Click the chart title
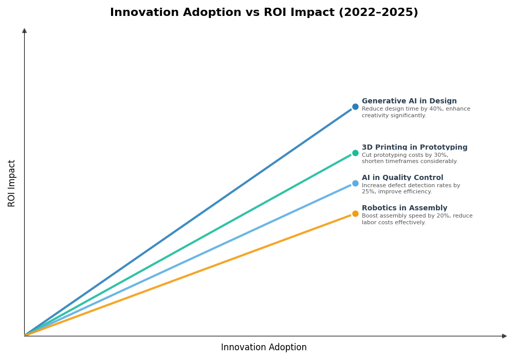[x=264, y=12]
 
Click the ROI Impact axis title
[x=12, y=183]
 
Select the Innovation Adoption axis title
[x=264, y=348]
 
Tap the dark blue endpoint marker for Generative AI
[x=355, y=107]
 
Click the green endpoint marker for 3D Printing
[x=355, y=153]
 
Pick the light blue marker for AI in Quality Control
[x=355, y=183]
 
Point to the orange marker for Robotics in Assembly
[x=355, y=213]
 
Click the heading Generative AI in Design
[x=409, y=101]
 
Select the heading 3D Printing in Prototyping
[x=414, y=148]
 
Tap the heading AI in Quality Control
[x=402, y=178]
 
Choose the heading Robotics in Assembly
[x=404, y=208]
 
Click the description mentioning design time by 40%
[x=415, y=112]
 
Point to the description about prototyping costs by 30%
[x=409, y=158]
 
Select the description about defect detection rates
[x=411, y=189]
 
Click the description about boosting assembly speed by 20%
[x=417, y=219]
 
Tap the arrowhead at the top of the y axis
[x=24, y=31]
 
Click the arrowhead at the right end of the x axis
[x=504, y=336]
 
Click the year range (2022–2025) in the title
[x=378, y=12]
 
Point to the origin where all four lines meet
[x=25, y=335]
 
